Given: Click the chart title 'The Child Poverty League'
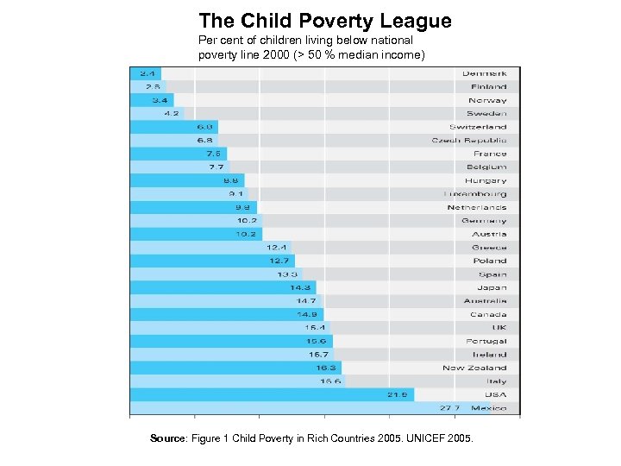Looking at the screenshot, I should (x=324, y=21).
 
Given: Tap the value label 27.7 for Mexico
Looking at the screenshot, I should (x=450, y=408).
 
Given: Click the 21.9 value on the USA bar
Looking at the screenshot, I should (x=397, y=394).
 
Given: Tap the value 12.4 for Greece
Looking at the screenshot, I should (x=276, y=248).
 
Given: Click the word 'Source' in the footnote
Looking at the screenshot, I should (x=167, y=439).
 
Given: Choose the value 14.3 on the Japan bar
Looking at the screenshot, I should (x=301, y=287).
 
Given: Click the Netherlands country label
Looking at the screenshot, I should (x=476, y=207).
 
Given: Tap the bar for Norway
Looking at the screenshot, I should (x=151, y=100).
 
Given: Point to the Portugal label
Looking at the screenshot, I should (x=486, y=341).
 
